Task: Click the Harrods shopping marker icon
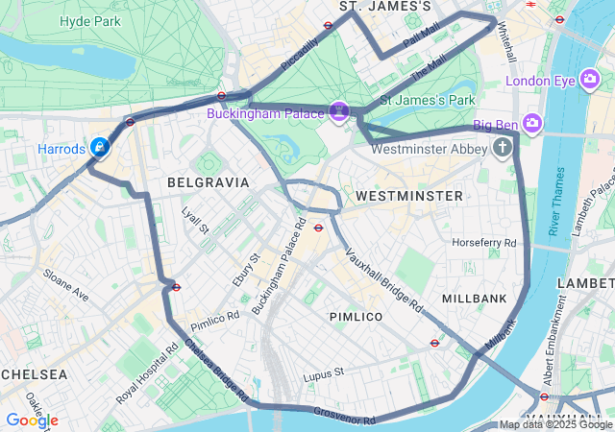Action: (99, 148)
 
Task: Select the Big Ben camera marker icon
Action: (533, 124)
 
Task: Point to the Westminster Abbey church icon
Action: (503, 148)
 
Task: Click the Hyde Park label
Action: (89, 21)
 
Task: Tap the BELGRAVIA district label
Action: (208, 181)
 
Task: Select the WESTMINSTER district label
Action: (408, 196)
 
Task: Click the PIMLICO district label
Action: (356, 316)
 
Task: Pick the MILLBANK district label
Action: (474, 299)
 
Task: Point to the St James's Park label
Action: (428, 99)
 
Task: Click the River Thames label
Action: (554, 201)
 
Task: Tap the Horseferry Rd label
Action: (484, 242)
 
